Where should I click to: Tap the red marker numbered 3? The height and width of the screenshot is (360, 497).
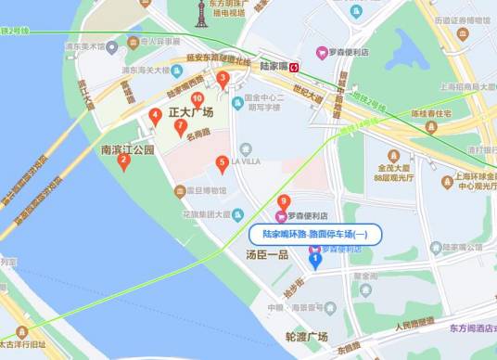(x=223, y=80)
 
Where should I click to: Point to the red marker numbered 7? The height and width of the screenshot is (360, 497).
(x=181, y=127)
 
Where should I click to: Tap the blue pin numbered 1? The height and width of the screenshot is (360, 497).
(x=315, y=259)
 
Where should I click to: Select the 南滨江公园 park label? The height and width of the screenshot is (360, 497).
(x=128, y=148)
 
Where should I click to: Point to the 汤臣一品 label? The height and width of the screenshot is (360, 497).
(x=268, y=253)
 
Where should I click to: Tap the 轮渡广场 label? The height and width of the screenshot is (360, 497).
(x=307, y=336)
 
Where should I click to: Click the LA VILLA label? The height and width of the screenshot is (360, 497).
(x=246, y=161)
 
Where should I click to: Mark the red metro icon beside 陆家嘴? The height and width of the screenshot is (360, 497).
(x=294, y=68)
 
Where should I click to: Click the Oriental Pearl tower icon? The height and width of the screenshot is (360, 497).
(x=201, y=13)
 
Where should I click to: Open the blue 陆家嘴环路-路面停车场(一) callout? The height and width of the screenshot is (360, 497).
(x=315, y=236)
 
